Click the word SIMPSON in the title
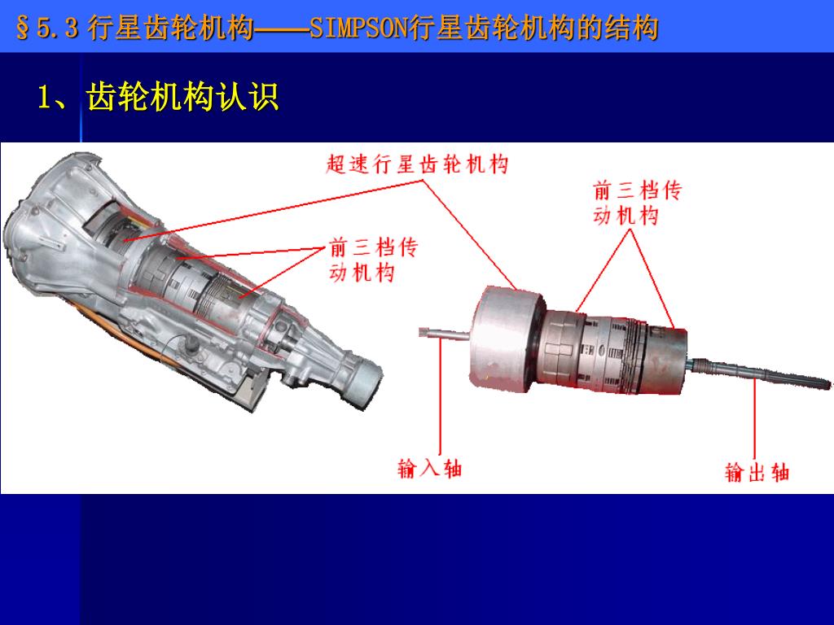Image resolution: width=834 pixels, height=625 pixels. pos(358,28)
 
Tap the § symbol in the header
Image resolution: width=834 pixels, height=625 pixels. pos(23,28)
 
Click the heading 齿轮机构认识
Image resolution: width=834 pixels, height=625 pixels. pos(182,97)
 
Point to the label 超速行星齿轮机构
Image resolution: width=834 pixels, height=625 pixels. pos(417,164)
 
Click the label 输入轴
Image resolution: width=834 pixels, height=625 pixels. pos(430,469)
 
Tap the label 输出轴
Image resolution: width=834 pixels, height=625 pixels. pos(757,472)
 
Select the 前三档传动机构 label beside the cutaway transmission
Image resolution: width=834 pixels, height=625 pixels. pos(373,260)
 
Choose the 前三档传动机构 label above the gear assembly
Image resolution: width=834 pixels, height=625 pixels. pos(637,203)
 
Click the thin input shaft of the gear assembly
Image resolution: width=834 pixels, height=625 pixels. pos(445,334)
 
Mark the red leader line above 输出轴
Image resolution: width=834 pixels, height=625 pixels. pos(755,420)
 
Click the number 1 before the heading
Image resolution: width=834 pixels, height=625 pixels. pos(44,98)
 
